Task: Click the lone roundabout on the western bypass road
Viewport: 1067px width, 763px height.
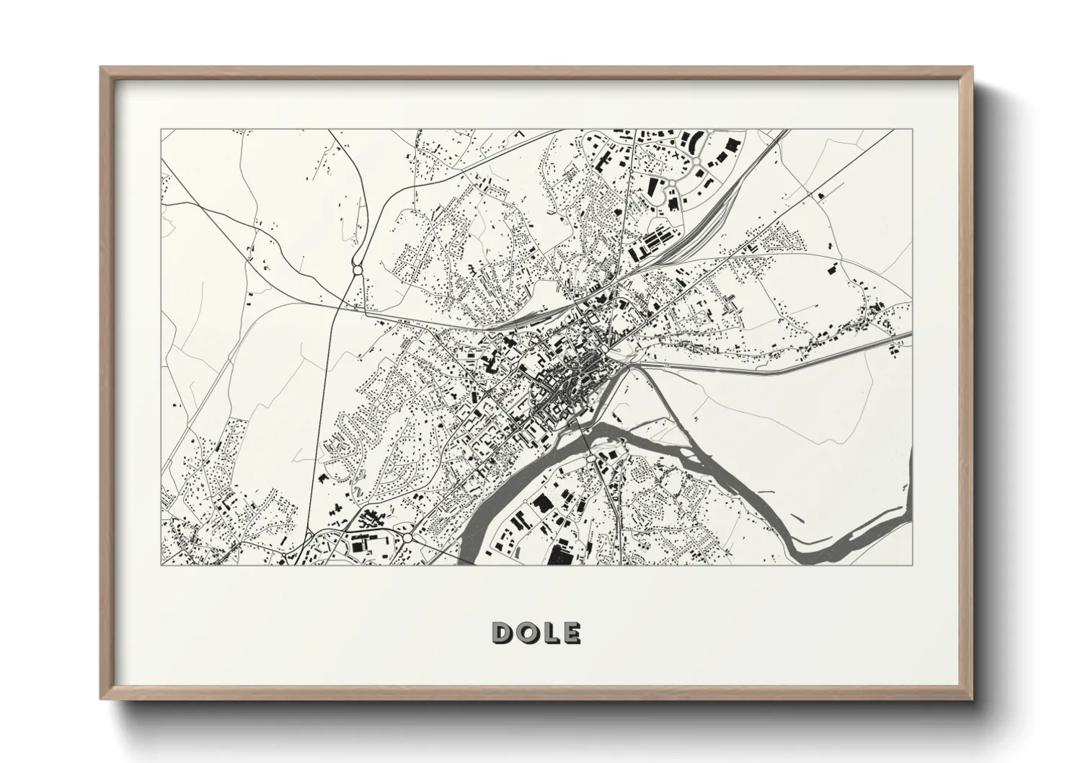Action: point(357,270)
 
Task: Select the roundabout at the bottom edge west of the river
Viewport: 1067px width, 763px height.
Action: point(407,538)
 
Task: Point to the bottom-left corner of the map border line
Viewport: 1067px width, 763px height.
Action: point(161,565)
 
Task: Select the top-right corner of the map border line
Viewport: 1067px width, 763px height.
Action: point(913,130)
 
